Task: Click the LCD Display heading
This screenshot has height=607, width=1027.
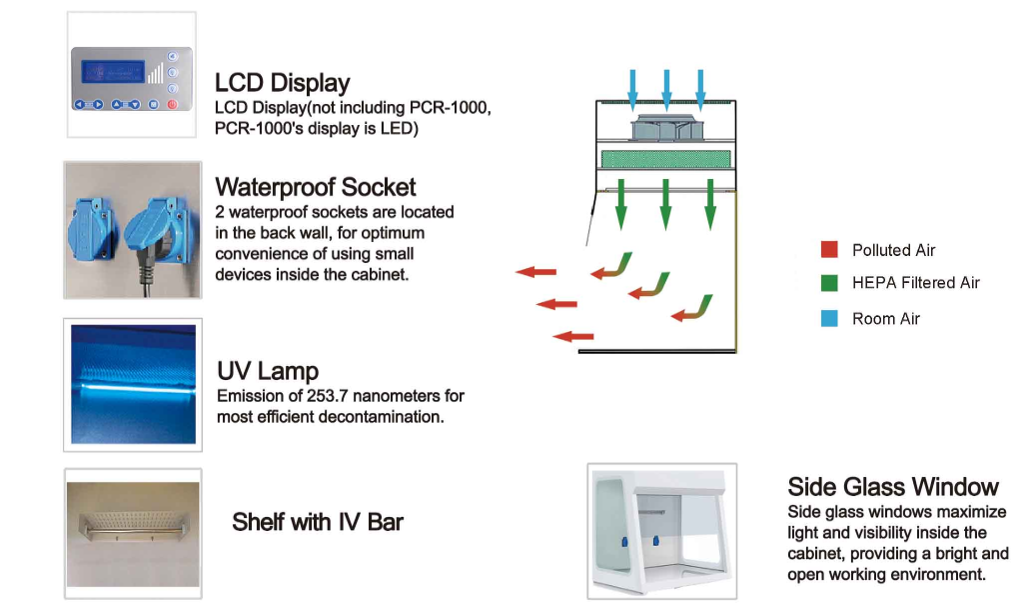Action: click(x=283, y=83)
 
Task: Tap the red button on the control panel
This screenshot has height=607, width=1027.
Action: click(x=173, y=104)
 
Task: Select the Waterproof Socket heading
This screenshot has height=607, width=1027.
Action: click(x=316, y=187)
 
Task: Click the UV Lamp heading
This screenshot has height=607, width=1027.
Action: click(x=268, y=372)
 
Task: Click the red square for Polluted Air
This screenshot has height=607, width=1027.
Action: click(x=829, y=250)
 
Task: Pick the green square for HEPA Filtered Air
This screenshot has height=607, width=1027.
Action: click(x=829, y=283)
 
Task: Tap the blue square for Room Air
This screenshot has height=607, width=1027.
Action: click(x=829, y=318)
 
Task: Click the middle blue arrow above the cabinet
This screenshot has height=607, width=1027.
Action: click(x=666, y=88)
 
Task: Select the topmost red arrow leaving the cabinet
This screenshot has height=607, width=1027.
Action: click(x=536, y=271)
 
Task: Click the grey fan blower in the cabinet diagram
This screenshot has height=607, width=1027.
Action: click(x=665, y=127)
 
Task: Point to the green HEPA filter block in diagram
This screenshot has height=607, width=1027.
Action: click(x=665, y=159)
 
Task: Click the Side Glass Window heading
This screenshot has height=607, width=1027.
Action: click(x=893, y=487)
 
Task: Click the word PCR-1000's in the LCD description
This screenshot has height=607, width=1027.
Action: click(x=263, y=129)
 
